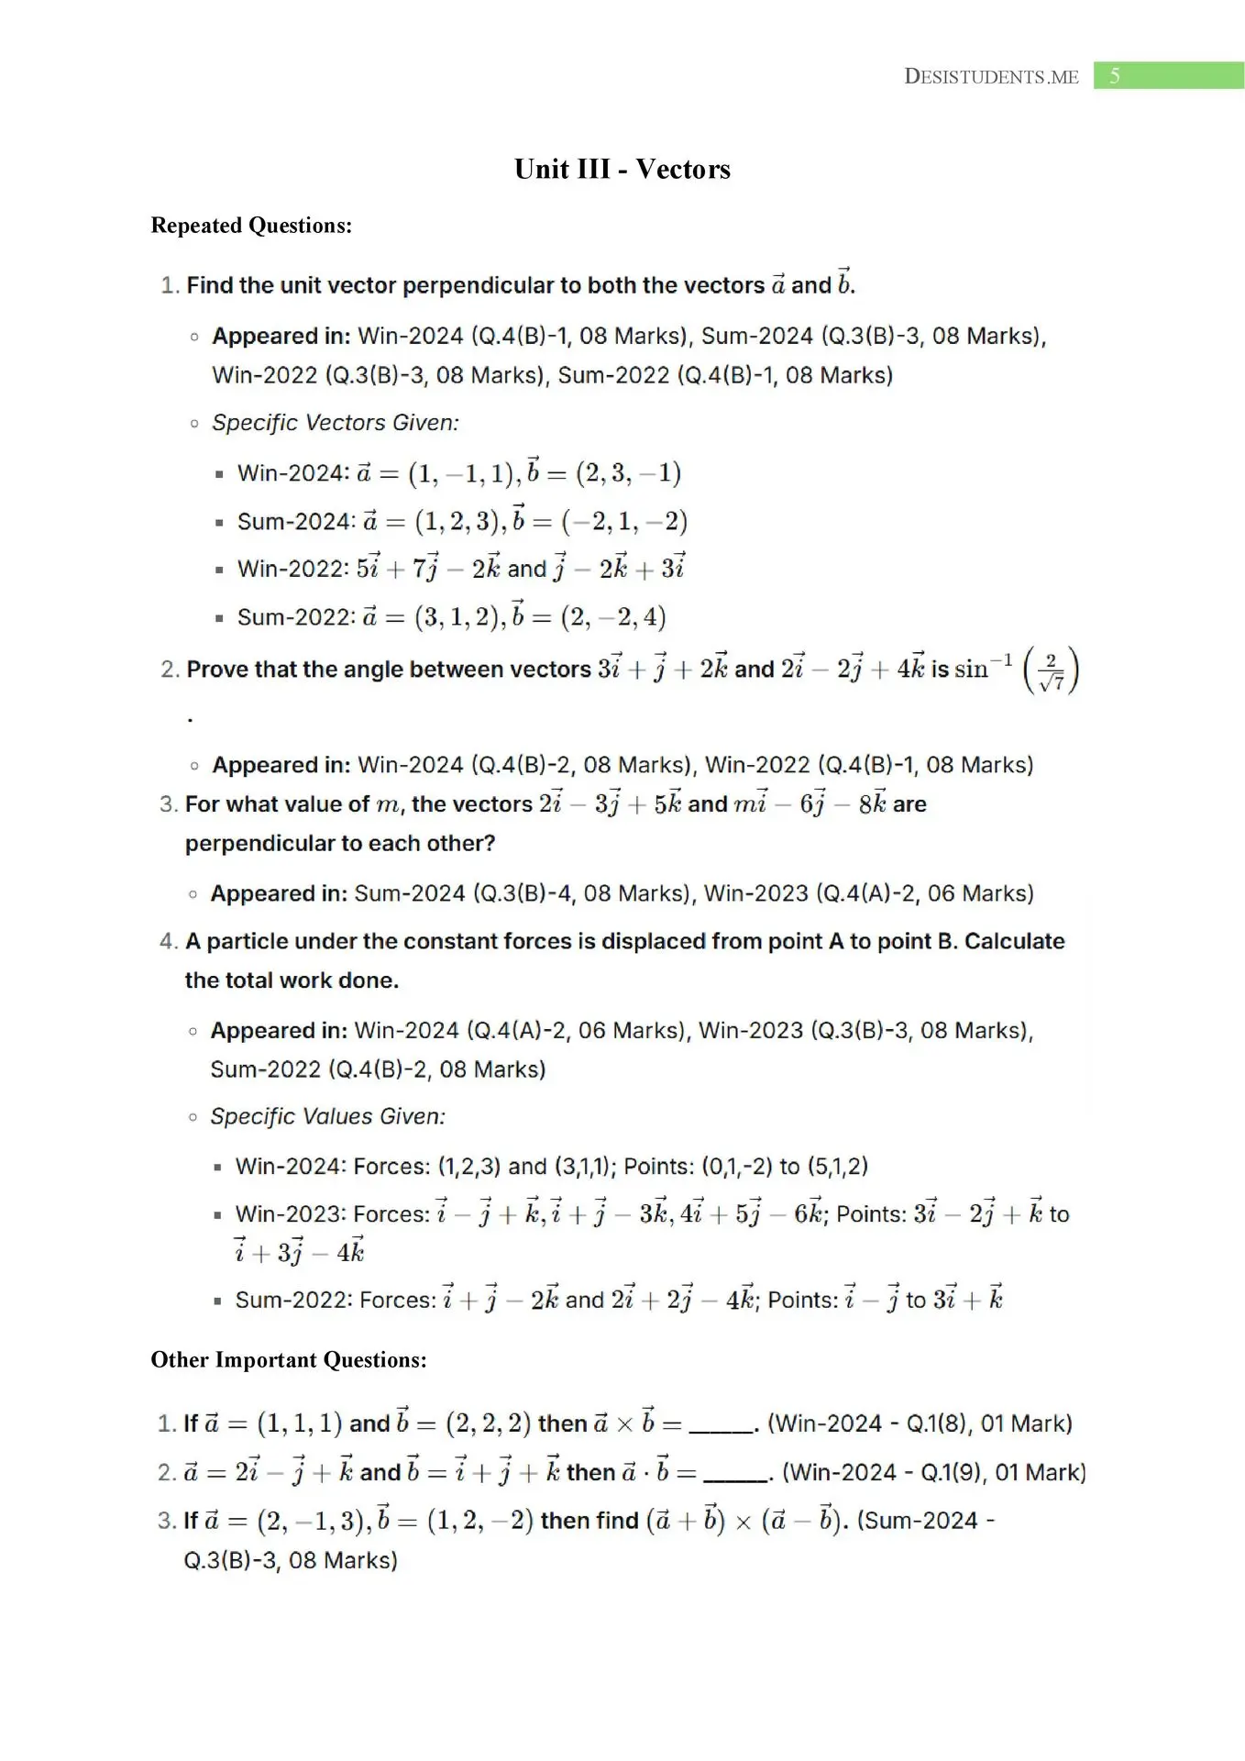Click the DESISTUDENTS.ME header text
990,76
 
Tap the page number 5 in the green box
1114,76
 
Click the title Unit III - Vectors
622,169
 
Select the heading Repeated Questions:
251,226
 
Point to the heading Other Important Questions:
289,1359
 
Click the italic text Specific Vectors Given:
336,423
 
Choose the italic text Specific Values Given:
328,1116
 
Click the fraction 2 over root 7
1051,670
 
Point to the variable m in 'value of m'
389,805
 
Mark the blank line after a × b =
721,1425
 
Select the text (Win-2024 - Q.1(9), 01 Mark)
933,1472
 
